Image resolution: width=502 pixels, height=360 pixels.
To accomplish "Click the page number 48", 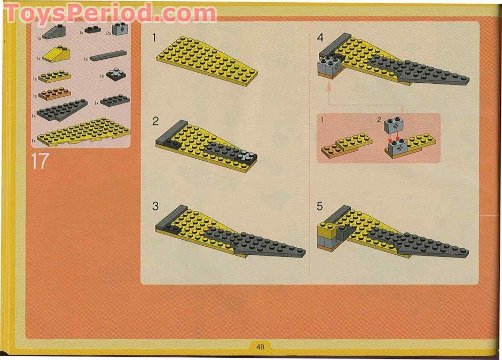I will [260, 347].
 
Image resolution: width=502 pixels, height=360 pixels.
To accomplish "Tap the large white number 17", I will [40, 161].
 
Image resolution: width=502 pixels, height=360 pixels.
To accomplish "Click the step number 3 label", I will [155, 206].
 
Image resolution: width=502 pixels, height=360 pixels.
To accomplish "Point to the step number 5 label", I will [319, 206].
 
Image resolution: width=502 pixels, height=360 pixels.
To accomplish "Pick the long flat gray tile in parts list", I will [108, 56].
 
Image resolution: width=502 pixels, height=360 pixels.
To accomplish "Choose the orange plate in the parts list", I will [54, 94].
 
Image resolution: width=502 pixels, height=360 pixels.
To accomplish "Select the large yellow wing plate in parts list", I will [83, 131].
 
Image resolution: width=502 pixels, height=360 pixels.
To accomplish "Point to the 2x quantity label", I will [108, 33].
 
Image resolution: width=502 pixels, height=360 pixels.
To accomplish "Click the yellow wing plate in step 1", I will [206, 59].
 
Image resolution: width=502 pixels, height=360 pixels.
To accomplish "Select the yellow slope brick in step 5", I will [326, 231].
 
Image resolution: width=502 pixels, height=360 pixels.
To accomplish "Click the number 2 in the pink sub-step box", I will [379, 120].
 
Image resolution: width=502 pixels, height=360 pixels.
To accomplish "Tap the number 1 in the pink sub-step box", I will [323, 120].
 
